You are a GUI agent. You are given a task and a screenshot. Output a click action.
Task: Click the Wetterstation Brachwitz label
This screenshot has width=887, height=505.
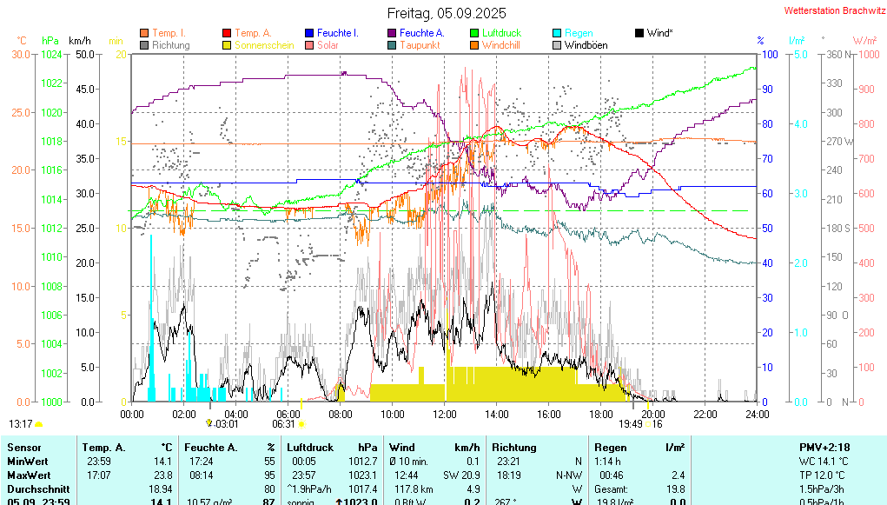tap(832, 11)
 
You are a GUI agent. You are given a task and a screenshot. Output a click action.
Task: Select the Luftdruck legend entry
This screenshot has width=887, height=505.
tap(501, 33)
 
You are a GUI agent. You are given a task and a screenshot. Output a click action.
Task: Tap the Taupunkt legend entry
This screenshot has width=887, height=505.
tap(420, 45)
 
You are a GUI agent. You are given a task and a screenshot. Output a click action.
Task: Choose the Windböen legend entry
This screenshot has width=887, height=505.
tap(586, 45)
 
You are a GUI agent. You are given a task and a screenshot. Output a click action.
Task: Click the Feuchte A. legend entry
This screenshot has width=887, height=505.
tap(420, 33)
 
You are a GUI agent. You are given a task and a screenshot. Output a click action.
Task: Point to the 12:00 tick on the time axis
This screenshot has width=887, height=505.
tap(445, 415)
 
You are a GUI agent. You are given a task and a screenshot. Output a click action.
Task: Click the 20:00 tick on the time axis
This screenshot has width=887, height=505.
tap(653, 415)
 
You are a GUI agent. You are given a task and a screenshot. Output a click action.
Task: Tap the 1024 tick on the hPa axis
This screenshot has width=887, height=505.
tap(51, 54)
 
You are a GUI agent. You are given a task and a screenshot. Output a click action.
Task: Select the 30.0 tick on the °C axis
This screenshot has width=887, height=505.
tap(21, 54)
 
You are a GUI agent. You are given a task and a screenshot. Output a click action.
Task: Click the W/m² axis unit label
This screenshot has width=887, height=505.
tap(864, 40)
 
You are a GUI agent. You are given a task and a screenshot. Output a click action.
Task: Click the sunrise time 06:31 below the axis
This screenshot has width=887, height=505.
tap(284, 424)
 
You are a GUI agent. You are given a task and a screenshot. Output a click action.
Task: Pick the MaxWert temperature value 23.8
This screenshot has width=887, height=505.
tap(162, 475)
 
